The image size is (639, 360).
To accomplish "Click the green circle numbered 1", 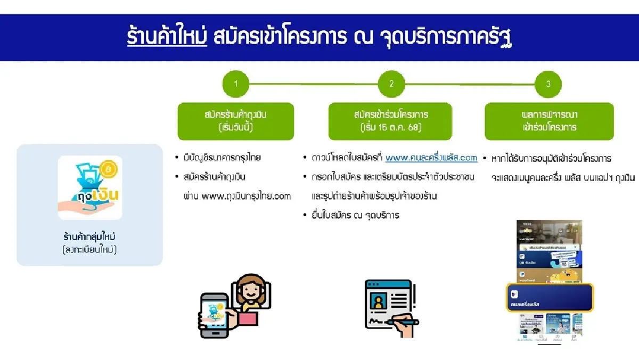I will (x=236, y=84).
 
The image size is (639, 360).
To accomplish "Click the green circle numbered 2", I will (x=391, y=84).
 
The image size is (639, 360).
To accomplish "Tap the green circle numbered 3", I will (x=548, y=84).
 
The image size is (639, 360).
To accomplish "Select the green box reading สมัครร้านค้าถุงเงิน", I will (x=235, y=121).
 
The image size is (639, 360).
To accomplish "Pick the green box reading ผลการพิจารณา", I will (x=549, y=121).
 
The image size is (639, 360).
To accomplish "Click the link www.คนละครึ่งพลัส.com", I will (x=431, y=158).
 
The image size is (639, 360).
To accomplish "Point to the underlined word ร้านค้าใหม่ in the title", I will (x=167, y=37).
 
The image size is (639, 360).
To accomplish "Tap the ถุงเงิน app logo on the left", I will (x=90, y=187).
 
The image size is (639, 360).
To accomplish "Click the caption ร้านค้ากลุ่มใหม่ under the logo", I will (x=90, y=235).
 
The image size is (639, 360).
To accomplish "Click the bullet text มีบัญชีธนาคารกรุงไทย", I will (x=223, y=158).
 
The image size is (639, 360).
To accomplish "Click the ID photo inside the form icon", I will (x=380, y=302).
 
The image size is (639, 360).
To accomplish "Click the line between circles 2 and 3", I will (x=470, y=84).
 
